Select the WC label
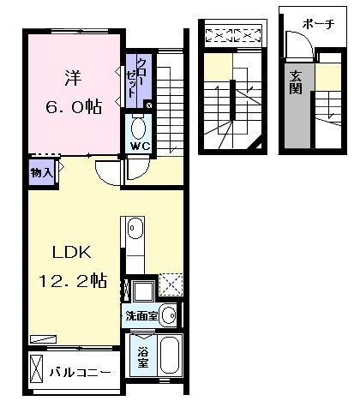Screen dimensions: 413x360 click(139, 147)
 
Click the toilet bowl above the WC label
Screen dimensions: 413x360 click(139, 128)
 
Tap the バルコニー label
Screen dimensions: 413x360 click(78, 373)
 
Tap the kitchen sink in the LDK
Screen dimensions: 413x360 click(135, 230)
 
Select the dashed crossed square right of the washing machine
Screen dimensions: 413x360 click(170, 285)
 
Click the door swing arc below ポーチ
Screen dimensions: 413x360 click(296, 44)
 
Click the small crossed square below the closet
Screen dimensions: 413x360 click(149, 105)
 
